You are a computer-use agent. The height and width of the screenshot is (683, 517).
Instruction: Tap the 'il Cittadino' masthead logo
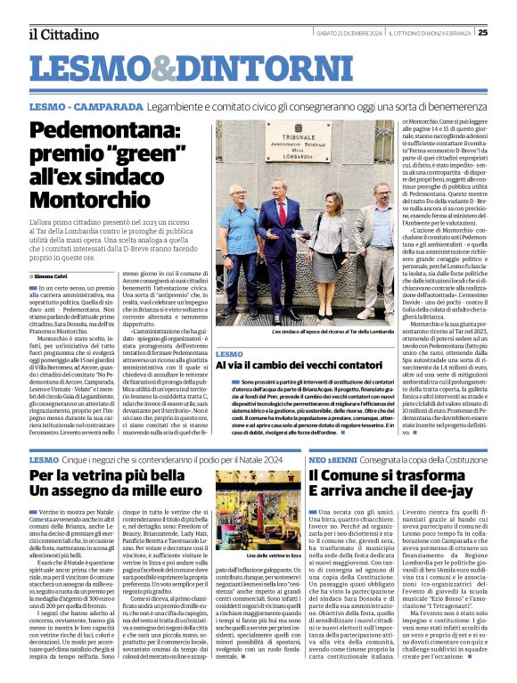(x=62, y=35)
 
